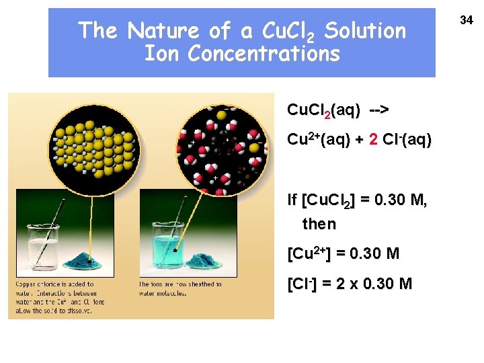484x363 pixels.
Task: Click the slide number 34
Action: coord(467,22)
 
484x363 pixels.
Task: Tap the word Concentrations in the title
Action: coord(264,54)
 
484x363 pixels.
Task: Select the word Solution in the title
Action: coord(365,31)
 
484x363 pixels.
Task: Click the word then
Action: coord(319,223)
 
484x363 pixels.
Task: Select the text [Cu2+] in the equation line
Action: coord(310,254)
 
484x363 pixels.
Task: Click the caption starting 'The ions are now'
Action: coord(180,288)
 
